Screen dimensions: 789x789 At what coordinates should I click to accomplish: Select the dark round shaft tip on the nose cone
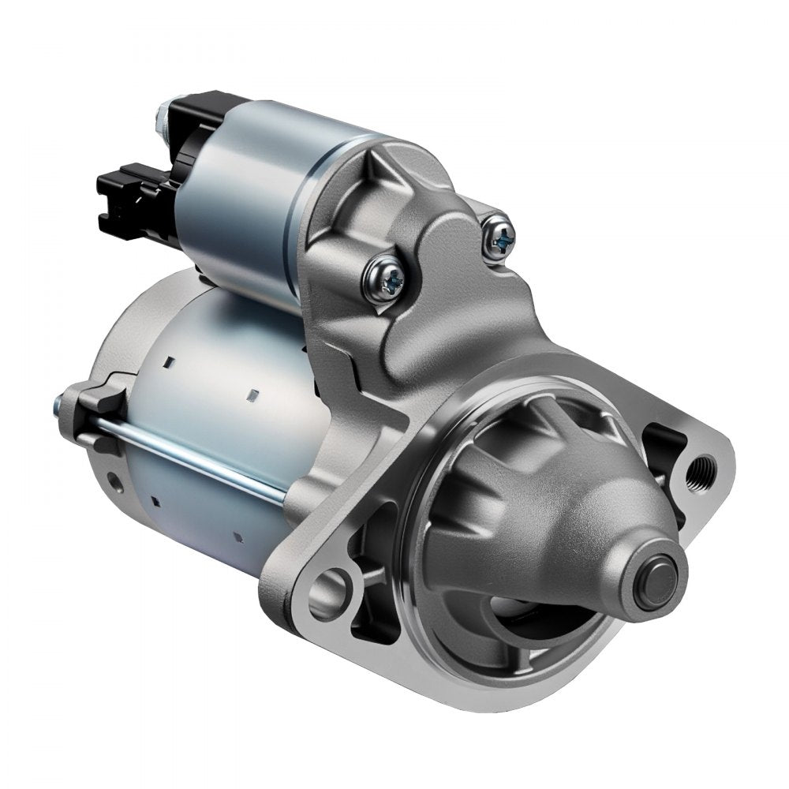(x=660, y=582)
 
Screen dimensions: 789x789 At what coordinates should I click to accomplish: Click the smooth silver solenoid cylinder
(x=237, y=197)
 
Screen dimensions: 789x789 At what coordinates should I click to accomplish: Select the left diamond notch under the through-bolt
(x=155, y=502)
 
